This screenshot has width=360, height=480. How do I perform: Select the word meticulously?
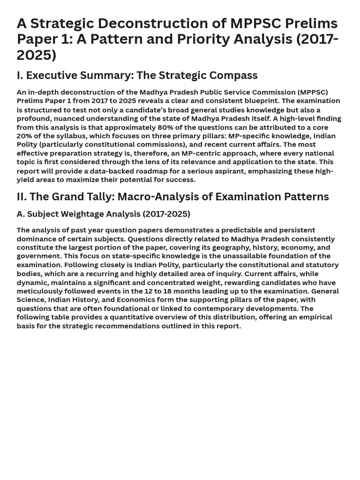coord(39,291)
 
